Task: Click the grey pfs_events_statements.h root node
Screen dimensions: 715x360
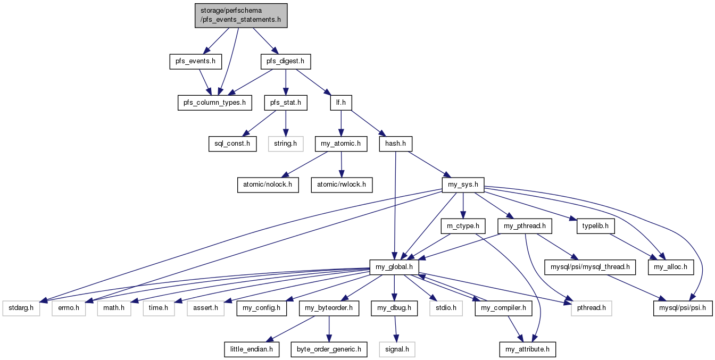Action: [241, 15]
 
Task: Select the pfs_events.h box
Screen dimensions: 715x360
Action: [195, 61]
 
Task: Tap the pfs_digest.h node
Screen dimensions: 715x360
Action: [285, 61]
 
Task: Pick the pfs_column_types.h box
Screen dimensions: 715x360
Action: [214, 103]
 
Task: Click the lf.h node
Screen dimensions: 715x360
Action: [341, 103]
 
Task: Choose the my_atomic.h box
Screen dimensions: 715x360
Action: [340, 144]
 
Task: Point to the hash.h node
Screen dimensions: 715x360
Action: [395, 144]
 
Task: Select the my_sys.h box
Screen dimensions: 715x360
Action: [463, 185]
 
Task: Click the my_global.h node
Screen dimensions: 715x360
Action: [394, 267]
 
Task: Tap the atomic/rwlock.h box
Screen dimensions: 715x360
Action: [342, 185]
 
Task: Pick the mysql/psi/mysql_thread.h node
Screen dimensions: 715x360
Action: [590, 267]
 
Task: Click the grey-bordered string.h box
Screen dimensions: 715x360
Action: [285, 144]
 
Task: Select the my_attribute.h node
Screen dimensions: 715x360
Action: [527, 349]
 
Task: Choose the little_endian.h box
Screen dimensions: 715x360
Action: [252, 349]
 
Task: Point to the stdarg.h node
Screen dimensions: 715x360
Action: [21, 308]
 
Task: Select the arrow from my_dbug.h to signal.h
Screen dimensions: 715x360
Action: [395, 329]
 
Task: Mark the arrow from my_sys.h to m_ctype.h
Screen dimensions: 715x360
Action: [463, 206]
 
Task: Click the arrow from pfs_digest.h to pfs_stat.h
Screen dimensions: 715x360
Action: [286, 82]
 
